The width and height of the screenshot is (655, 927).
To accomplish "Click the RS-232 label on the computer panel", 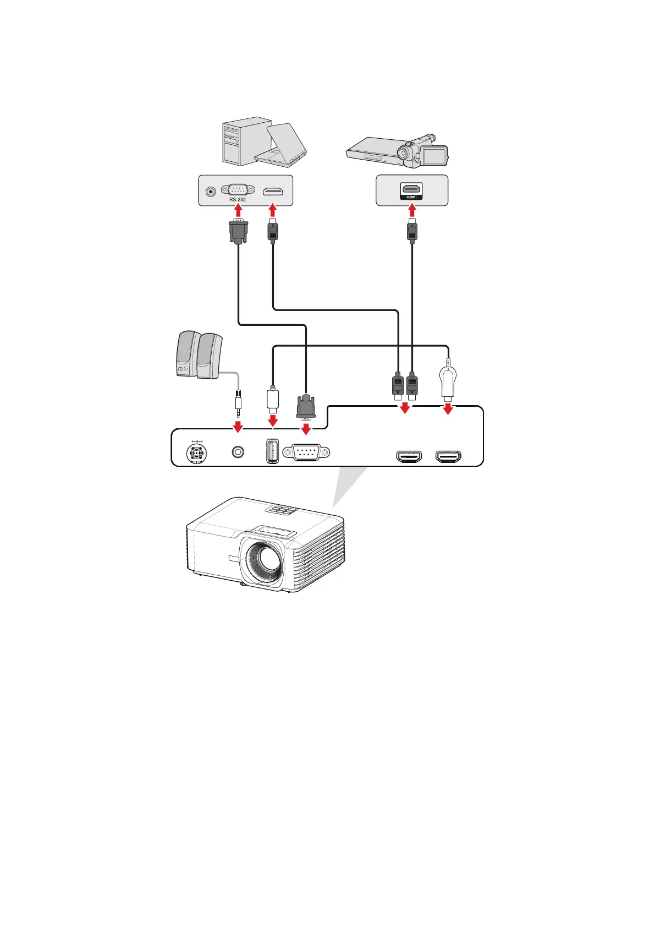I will [238, 199].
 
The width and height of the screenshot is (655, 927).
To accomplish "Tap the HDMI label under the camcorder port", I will [411, 197].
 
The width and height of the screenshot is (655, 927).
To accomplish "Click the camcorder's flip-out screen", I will [435, 155].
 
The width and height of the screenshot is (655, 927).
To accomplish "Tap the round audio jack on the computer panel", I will [210, 191].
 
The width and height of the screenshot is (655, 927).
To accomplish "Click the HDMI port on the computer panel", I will [273, 191].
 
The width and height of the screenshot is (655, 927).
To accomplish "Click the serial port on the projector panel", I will [306, 452].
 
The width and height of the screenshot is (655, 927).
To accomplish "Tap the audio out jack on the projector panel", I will [238, 452].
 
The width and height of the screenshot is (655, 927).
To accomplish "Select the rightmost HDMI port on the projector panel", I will [449, 456].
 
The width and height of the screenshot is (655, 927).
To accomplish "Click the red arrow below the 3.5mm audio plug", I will [238, 427].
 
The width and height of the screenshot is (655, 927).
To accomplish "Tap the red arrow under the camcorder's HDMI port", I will [412, 211].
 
